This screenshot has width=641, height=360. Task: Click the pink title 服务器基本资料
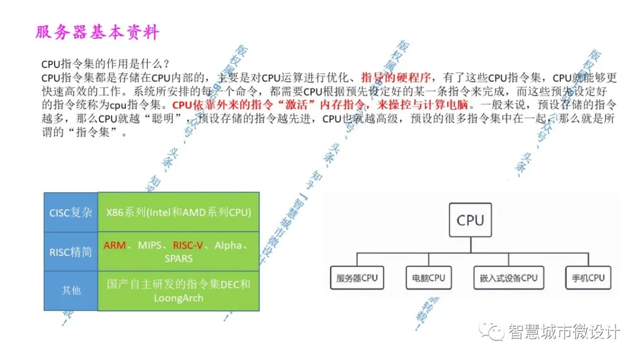click(97, 32)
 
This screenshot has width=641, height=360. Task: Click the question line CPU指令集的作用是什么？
click(106, 64)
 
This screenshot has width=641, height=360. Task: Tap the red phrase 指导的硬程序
click(398, 78)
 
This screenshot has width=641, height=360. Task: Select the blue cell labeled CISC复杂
click(71, 212)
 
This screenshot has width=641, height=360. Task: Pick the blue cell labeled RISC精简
click(71, 252)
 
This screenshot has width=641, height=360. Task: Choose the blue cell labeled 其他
click(71, 291)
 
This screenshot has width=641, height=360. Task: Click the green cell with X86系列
click(179, 212)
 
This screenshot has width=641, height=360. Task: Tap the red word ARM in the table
click(115, 246)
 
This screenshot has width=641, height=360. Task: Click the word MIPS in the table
click(151, 246)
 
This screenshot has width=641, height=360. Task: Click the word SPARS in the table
click(179, 259)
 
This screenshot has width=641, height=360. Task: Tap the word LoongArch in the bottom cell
click(179, 298)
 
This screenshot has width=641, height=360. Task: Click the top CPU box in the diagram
click(470, 221)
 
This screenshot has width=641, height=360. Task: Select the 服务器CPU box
click(357, 278)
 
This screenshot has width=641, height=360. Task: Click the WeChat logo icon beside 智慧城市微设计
click(492, 331)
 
